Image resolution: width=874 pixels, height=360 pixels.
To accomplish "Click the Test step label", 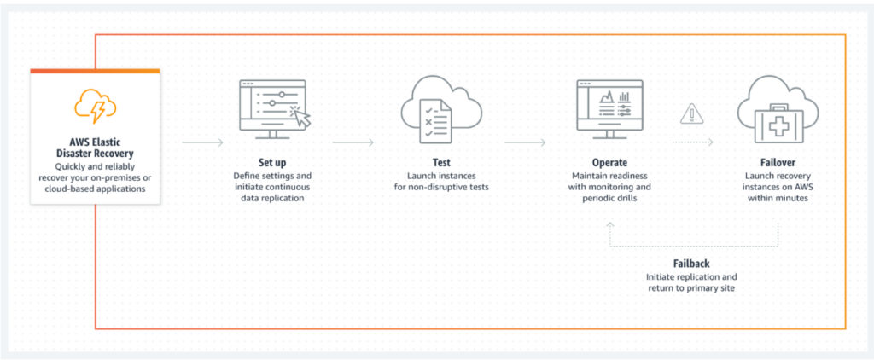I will [441, 161].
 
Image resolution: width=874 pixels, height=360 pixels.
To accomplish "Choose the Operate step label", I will [610, 161].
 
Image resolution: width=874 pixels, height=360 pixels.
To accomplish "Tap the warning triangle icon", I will [690, 114].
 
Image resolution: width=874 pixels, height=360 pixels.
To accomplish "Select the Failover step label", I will [778, 161].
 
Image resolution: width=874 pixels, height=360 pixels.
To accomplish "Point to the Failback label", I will [691, 263].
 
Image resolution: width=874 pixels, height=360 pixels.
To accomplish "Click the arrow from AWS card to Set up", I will [203, 141].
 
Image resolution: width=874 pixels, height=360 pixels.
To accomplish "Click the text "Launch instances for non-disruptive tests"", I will [441, 181].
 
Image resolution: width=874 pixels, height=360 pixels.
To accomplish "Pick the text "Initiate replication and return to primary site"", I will [691, 283].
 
